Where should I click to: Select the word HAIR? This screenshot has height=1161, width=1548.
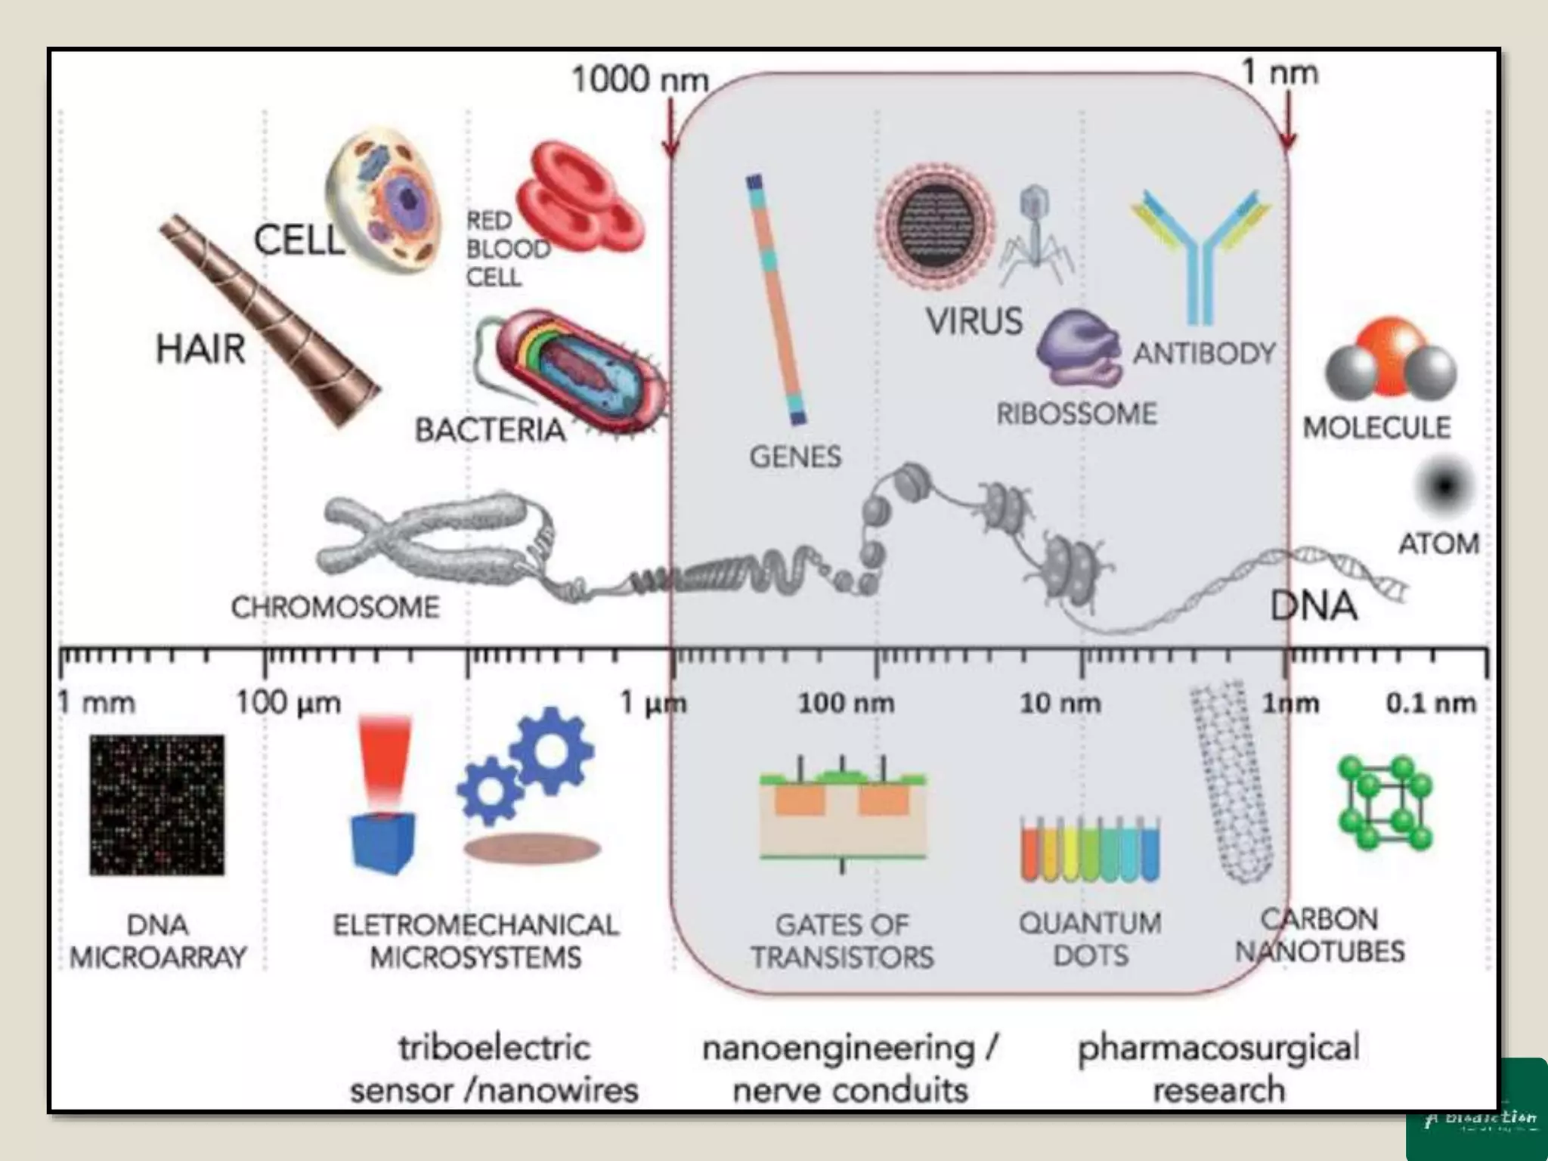click(x=200, y=349)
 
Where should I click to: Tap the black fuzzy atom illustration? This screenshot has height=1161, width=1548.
click(x=1444, y=486)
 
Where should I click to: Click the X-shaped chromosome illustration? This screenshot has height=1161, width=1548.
click(x=423, y=538)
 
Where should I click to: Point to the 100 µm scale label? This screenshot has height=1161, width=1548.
click(x=288, y=703)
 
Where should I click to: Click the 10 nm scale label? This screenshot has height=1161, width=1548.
click(x=1060, y=704)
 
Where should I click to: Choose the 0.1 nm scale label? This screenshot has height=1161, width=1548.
click(x=1430, y=704)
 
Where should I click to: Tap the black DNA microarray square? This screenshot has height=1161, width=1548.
click(x=157, y=804)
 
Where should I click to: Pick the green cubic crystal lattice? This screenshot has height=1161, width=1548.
click(x=1385, y=803)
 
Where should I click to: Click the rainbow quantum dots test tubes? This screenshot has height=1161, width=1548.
click(x=1089, y=850)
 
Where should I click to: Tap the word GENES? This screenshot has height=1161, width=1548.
click(x=795, y=457)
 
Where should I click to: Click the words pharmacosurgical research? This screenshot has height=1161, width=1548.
click(x=1218, y=1068)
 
